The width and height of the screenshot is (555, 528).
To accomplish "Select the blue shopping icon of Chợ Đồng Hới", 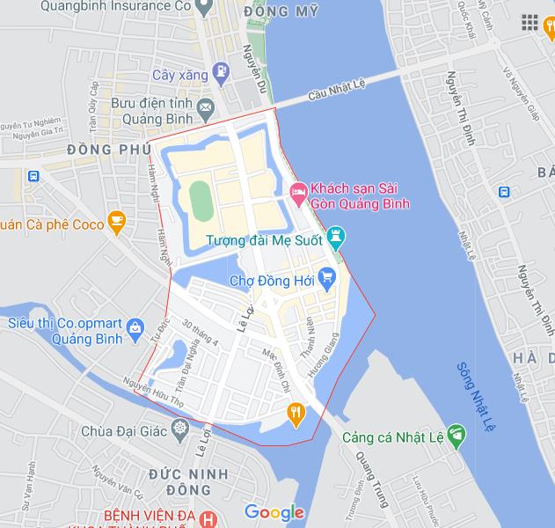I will (x=328, y=281).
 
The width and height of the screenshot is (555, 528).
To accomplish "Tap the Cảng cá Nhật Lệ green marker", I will (x=456, y=433).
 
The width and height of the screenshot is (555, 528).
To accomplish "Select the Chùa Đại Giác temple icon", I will (x=180, y=430).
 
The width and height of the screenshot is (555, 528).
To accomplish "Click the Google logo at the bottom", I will (x=274, y=512).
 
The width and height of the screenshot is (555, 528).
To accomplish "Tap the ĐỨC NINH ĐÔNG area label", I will (x=188, y=482).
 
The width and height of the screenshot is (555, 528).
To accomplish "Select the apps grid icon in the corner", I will (x=529, y=22).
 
